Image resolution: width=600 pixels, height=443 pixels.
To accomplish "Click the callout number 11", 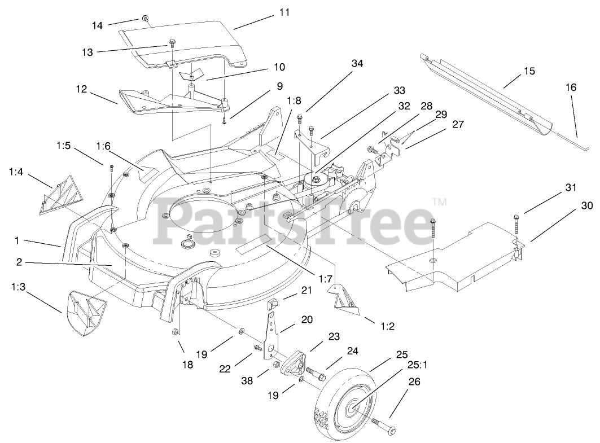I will pyautogui.click(x=284, y=12).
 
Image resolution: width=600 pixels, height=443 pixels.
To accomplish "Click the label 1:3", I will pyautogui.click(x=17, y=287).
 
